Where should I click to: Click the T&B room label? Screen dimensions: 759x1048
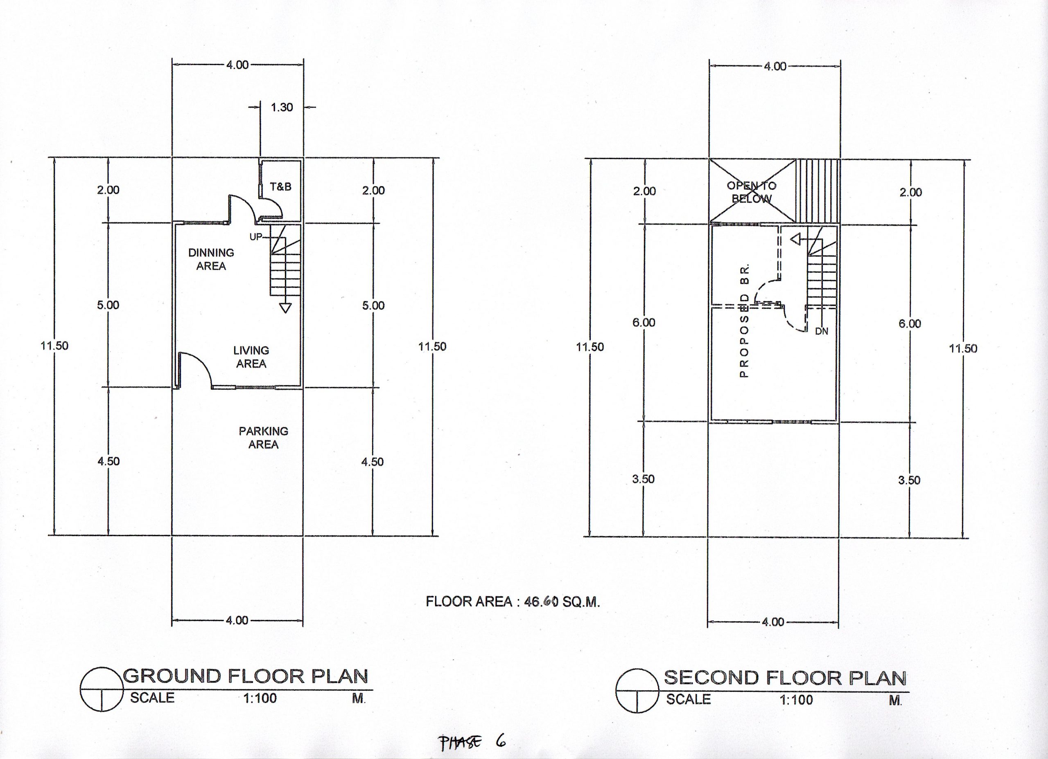(x=280, y=186)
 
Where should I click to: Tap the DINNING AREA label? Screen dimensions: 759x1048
(x=211, y=259)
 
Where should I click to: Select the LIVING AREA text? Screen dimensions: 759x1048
(x=251, y=357)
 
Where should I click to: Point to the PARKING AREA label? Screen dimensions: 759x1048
(x=263, y=438)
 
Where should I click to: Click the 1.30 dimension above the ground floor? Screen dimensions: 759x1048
(x=281, y=107)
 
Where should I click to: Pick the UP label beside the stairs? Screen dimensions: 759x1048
(x=255, y=237)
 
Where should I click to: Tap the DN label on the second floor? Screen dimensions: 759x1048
(x=822, y=331)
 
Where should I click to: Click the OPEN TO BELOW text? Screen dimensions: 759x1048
(x=751, y=192)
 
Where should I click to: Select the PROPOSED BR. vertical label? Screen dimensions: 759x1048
(x=744, y=321)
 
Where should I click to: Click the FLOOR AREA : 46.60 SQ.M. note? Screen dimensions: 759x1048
(x=513, y=602)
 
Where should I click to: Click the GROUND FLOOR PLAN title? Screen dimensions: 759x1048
(x=245, y=676)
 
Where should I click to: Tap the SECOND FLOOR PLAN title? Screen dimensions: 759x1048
(x=785, y=678)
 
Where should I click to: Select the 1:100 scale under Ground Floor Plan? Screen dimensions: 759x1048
(x=260, y=698)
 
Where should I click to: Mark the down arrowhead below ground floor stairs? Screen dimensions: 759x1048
(x=286, y=308)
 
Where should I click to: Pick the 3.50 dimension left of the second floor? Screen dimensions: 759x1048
(x=643, y=479)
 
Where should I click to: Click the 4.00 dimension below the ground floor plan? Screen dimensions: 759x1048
(x=237, y=620)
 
